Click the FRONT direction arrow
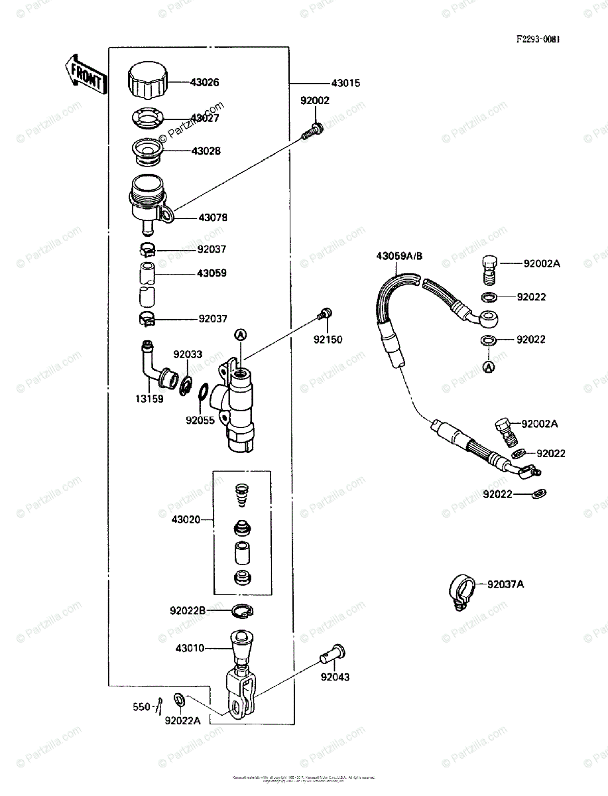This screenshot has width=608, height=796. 85,76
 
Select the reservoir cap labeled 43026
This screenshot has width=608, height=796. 147,80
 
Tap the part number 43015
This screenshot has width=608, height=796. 345,84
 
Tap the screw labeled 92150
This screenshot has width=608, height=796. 326,315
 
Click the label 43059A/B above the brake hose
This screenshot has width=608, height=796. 398,255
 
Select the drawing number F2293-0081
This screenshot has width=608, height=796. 538,39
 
